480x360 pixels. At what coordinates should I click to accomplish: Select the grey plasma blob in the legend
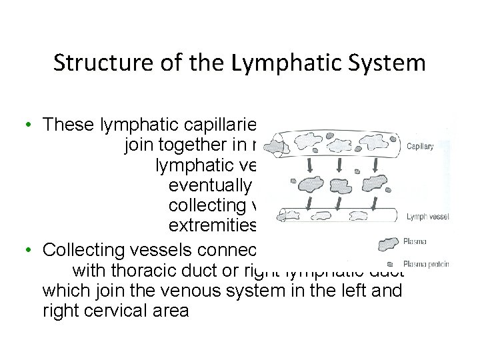click(x=388, y=244)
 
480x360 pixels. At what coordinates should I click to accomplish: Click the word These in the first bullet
click(x=67, y=124)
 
